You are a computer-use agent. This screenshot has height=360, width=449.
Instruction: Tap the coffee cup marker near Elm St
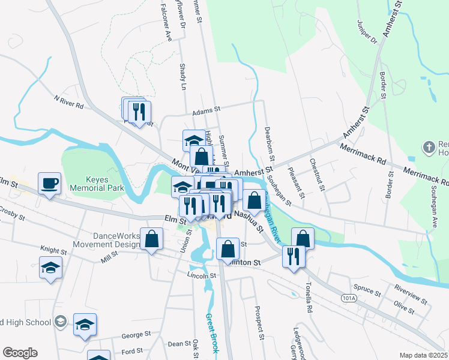[50, 183]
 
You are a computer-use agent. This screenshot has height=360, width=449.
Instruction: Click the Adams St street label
[207, 111]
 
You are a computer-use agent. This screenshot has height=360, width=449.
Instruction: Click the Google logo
[20, 353]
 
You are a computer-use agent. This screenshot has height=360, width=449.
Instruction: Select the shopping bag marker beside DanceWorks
[152, 238]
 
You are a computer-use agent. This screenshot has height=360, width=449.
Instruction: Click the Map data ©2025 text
[423, 355]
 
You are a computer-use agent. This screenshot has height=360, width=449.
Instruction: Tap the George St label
[136, 335]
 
